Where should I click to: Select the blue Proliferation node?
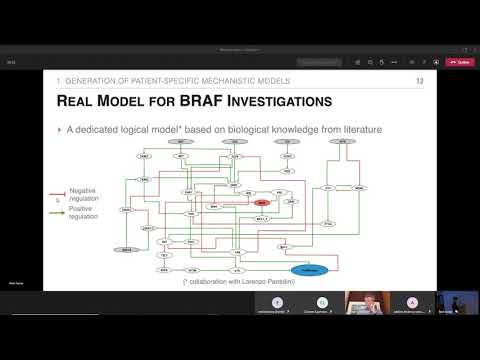pyautogui.click(x=309, y=270)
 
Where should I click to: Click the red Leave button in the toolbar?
pyautogui.click(x=463, y=62)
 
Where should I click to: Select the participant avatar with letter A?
pyautogui.click(x=412, y=302)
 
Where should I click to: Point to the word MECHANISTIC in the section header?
pyautogui.click(x=214, y=79)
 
